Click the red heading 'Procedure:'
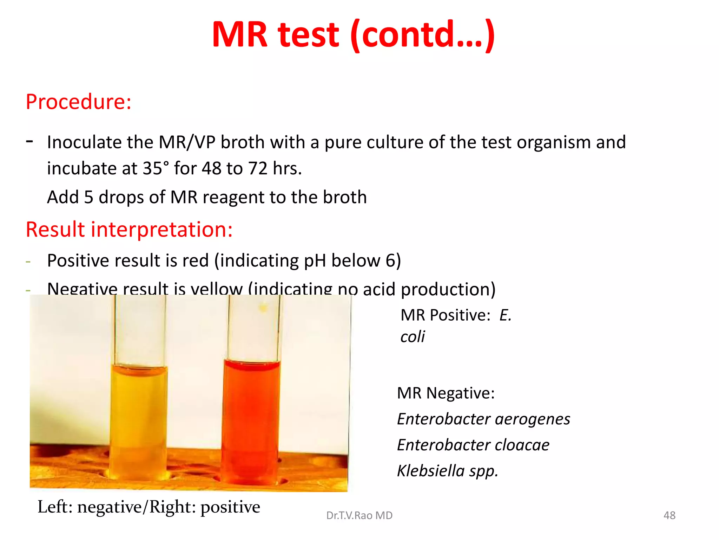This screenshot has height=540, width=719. click(79, 102)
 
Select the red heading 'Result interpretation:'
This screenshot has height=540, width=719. click(129, 230)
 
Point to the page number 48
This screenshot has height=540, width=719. click(669, 515)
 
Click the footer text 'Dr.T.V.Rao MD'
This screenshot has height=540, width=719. click(359, 515)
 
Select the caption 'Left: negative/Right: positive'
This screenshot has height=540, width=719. click(149, 507)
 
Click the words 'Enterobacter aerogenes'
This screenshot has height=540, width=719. click(483, 419)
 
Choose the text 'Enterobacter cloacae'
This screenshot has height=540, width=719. click(473, 445)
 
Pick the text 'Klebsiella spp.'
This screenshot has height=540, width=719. click(448, 471)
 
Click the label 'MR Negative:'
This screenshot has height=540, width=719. click(446, 393)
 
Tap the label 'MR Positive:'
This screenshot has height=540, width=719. click(446, 315)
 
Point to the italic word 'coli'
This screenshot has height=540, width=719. click(413, 337)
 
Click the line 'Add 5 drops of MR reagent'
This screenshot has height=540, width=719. click(207, 197)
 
